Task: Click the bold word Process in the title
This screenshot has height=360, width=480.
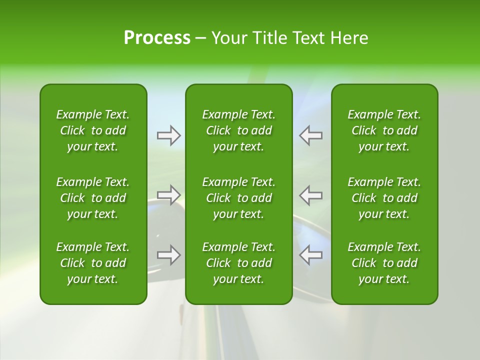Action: click(x=157, y=38)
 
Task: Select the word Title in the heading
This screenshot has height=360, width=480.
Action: click(x=270, y=38)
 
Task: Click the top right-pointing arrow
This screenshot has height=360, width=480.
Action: click(x=169, y=135)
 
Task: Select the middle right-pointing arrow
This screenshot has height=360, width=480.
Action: click(x=169, y=195)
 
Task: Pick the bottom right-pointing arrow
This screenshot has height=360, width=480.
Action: click(x=169, y=255)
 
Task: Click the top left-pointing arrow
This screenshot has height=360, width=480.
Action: click(x=310, y=135)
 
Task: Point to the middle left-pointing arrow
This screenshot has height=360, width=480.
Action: click(x=310, y=195)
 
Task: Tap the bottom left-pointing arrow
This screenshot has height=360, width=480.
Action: click(x=310, y=255)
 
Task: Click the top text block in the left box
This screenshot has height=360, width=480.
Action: click(x=93, y=130)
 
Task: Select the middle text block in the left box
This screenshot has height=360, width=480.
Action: click(x=93, y=198)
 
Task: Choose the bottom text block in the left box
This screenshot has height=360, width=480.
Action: click(x=93, y=263)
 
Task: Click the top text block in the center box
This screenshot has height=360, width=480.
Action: click(x=238, y=130)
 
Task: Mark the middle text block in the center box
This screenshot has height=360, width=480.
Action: click(x=238, y=198)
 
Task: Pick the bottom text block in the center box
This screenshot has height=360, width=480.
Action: click(x=238, y=263)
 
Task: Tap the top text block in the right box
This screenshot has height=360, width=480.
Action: click(x=384, y=130)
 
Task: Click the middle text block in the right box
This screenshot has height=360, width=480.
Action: click(x=384, y=198)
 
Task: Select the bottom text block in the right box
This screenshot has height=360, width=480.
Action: click(x=384, y=263)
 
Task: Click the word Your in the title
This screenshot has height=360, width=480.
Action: click(x=230, y=38)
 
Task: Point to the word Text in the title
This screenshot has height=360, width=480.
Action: click(x=309, y=38)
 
